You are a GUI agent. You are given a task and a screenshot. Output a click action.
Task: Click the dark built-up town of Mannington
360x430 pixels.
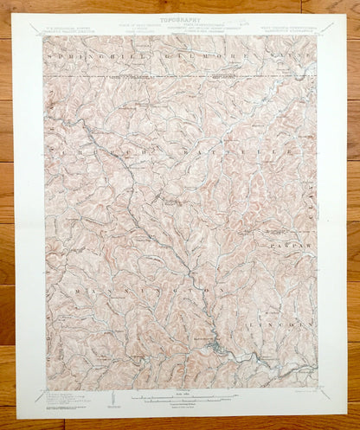point(220,348)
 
